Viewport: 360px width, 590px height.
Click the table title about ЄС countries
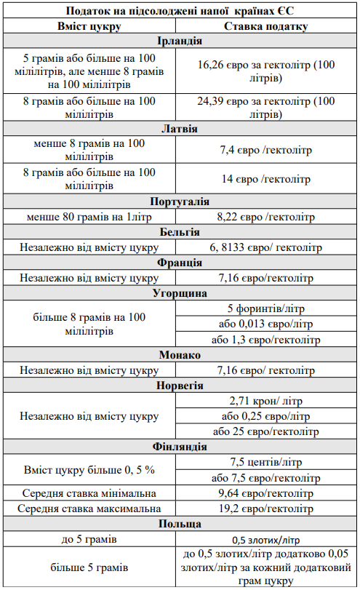pos(179,11)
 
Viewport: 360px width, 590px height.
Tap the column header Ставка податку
pos(265,26)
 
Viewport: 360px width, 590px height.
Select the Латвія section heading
pos(179,129)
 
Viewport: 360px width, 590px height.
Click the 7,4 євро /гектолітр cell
pos(265,151)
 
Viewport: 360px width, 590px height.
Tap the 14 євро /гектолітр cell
pos(265,179)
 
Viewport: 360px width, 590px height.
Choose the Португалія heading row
pos(179,201)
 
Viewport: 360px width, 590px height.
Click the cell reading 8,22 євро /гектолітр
pos(265,216)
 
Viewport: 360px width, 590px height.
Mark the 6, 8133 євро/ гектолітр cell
pos(265,247)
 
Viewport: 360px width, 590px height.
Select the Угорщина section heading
pos(179,293)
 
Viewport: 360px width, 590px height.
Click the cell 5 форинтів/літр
pos(265,308)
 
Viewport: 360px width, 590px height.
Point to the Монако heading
pos(179,355)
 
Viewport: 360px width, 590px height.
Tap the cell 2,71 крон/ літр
pos(265,401)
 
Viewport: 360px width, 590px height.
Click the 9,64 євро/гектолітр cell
pos(265,493)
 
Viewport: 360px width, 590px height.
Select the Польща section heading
pos(179,523)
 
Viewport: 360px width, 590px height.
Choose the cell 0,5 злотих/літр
pos(265,539)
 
